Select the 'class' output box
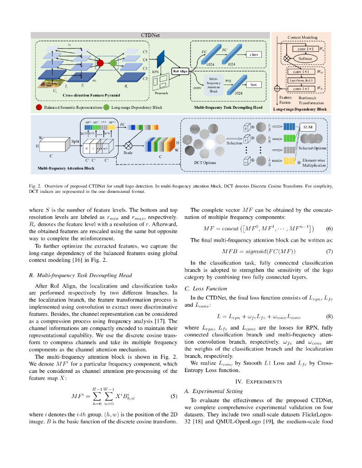[254, 54]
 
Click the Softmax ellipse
[303, 58]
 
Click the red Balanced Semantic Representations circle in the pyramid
[100, 64]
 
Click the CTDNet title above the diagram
[150, 35]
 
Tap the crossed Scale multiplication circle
[128, 145]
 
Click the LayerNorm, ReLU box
[303, 80]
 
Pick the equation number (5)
[173, 396]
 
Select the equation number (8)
[329, 316]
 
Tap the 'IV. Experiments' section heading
[259, 381]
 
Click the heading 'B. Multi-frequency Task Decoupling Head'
[80, 275]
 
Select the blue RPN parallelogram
[161, 58]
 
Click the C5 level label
[146, 52]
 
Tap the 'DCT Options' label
[205, 163]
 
